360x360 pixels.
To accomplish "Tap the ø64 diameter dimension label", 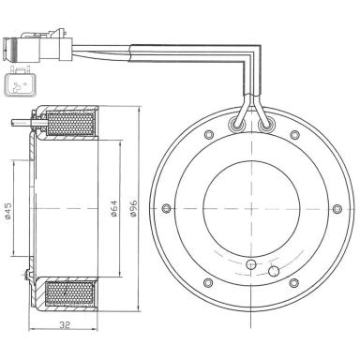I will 112,211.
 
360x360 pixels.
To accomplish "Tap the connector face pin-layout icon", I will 20,83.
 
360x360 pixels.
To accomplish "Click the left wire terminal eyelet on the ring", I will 236,123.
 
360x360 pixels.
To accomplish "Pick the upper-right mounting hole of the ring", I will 294,137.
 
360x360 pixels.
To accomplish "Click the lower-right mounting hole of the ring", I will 294,280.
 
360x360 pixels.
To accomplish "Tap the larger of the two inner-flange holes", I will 273,271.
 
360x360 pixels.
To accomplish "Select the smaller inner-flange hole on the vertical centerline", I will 250,265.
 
